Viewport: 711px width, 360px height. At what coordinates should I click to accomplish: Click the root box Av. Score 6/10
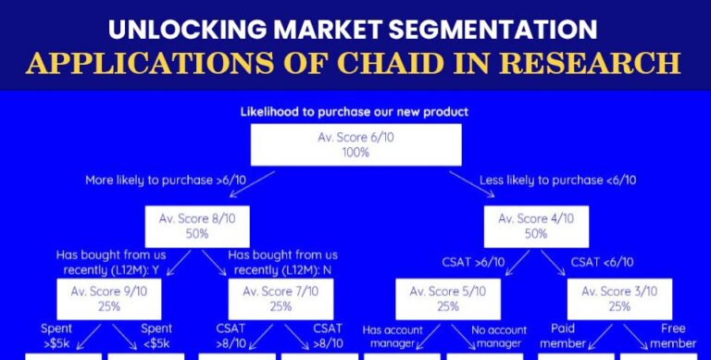click(356, 145)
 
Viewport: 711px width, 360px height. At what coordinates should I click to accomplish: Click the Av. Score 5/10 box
click(448, 297)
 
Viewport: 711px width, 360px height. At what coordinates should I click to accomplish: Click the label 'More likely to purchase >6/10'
click(163, 180)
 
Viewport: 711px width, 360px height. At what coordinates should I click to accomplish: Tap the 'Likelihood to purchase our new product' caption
click(355, 112)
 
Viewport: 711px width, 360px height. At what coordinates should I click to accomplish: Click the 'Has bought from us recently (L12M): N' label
click(281, 262)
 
